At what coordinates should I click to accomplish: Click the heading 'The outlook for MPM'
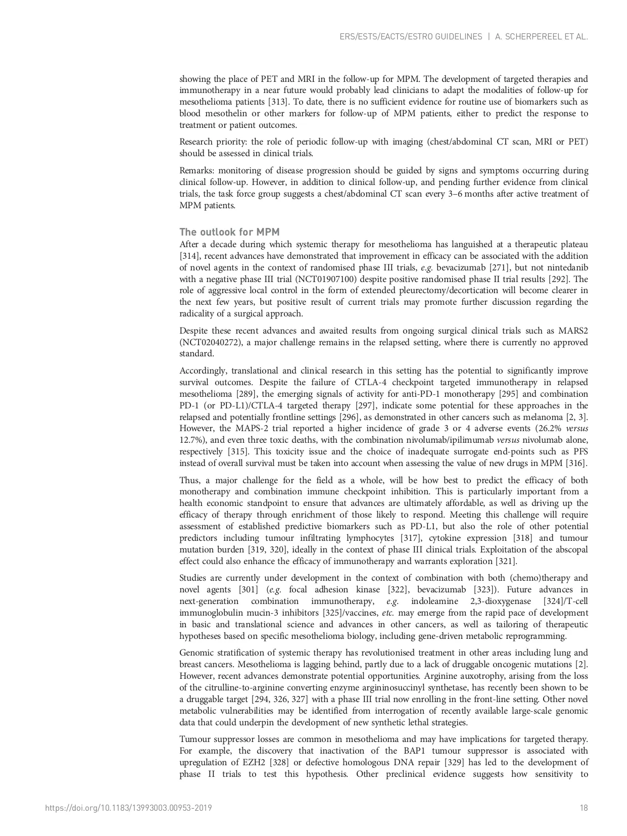(x=229, y=232)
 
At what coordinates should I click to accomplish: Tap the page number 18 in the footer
(x=584, y=808)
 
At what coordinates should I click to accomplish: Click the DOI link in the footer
(x=128, y=808)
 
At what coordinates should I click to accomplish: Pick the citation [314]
(x=190, y=256)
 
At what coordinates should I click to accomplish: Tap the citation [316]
(x=575, y=463)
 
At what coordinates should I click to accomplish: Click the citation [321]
(x=506, y=561)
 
